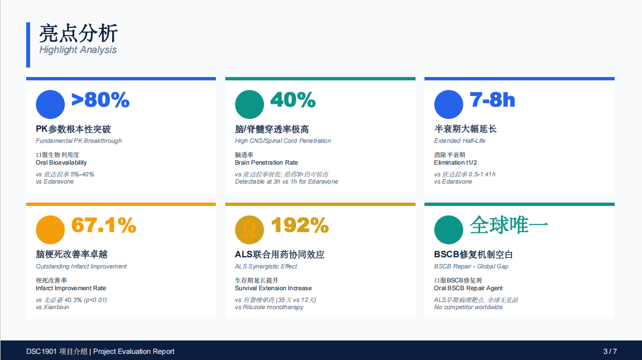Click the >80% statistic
[x=100, y=100]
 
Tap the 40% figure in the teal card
[x=293, y=100]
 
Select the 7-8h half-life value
[x=492, y=100]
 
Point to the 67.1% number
[x=104, y=225]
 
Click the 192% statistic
[x=300, y=225]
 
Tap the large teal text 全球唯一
[x=509, y=225]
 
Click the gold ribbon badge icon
[x=249, y=230]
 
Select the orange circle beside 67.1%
[x=50, y=230]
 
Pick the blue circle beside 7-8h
[x=449, y=104]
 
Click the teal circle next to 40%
[x=249, y=104]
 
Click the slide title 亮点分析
[x=79, y=33]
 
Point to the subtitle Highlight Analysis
[x=78, y=50]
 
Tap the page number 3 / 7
[x=610, y=352]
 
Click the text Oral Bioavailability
[x=61, y=162]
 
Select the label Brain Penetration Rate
[x=267, y=162]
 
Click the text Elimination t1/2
[x=455, y=162]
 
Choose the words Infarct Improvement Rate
[x=71, y=289]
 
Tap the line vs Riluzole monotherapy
[x=269, y=307]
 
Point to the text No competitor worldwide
[x=469, y=307]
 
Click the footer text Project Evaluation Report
[x=134, y=352]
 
